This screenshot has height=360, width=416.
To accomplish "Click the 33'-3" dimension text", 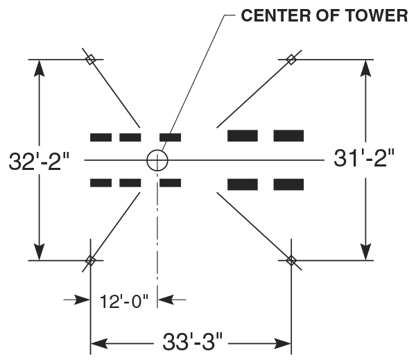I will [191, 342].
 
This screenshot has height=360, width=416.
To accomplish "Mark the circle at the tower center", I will [157, 160].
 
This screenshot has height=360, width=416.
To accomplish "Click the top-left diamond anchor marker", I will [89, 60].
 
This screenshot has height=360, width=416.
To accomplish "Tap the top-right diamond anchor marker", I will [291, 60].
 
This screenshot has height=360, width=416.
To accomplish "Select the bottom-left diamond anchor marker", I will [89, 261].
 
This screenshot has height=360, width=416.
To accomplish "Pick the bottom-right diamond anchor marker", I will [291, 261].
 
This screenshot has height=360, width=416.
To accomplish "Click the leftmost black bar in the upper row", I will [101, 137].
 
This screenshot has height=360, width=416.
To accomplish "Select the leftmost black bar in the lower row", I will [101, 183].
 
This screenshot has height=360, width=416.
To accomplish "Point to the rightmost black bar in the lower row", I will [288, 184].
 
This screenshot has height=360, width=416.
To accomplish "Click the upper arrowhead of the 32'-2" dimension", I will [40, 67].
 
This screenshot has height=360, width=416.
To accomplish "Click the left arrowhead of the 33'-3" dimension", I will [98, 343].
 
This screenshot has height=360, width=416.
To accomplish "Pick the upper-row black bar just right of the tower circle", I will [171, 137].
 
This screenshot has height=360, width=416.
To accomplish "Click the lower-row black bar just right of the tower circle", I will [171, 183].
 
